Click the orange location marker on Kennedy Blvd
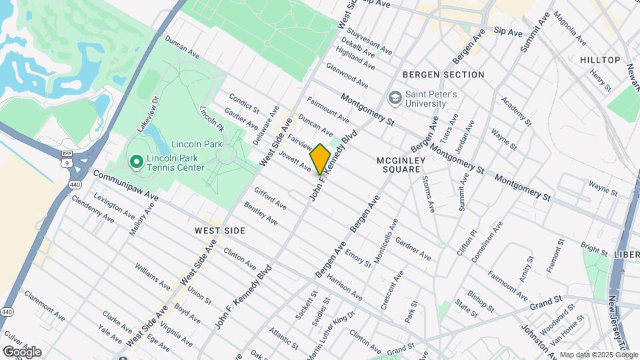pyautogui.click(x=320, y=159)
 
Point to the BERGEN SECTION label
pyautogui.click(x=443, y=75)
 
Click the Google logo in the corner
pyautogui.click(x=21, y=351)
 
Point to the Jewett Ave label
pyautogui.click(x=295, y=161)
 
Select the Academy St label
pyautogui.click(x=516, y=111)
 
